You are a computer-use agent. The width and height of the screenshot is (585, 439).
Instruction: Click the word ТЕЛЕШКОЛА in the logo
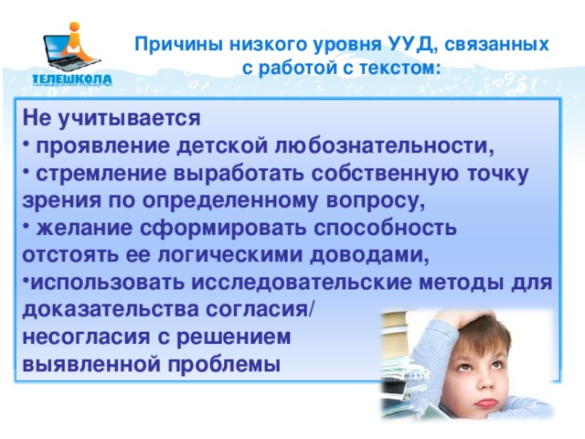(73, 79)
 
